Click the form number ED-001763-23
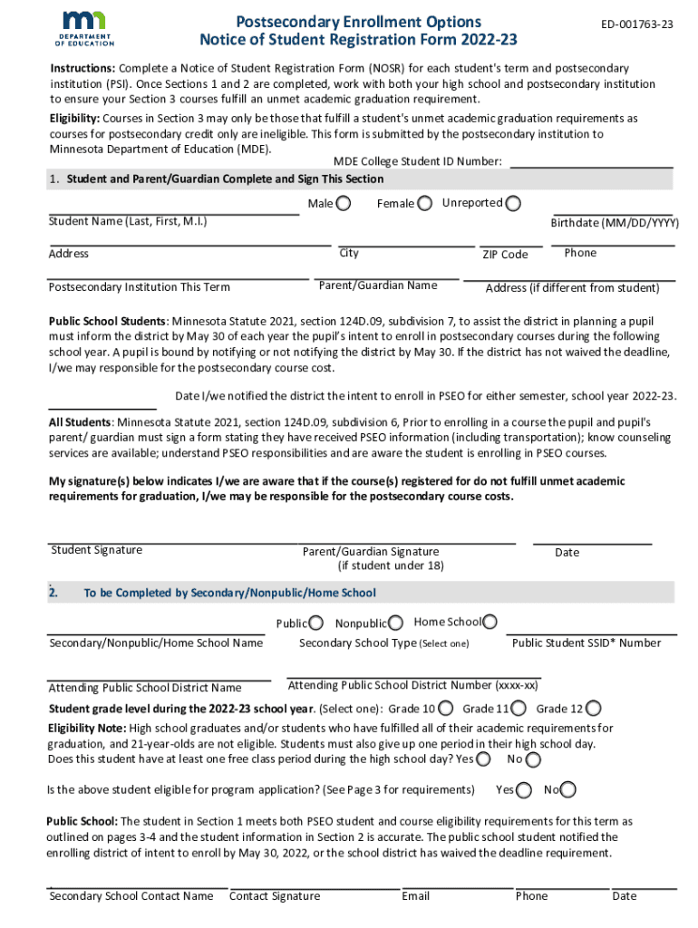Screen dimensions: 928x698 (637, 24)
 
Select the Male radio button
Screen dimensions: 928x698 (344, 203)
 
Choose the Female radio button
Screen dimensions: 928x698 (424, 203)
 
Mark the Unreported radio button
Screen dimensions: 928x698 (514, 203)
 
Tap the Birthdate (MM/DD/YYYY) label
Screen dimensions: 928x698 (615, 223)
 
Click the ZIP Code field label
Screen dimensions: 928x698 (505, 255)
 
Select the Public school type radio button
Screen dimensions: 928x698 (315, 623)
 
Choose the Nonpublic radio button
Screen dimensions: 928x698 (396, 623)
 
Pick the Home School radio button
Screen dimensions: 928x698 (490, 622)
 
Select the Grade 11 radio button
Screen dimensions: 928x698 (519, 709)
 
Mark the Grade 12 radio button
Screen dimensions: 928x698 (594, 709)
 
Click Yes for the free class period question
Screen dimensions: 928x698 (485, 759)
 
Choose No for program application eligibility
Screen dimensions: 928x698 (568, 790)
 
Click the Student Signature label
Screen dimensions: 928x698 (97, 550)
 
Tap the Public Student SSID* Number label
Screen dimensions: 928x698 (587, 643)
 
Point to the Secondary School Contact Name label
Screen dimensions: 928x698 (131, 896)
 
